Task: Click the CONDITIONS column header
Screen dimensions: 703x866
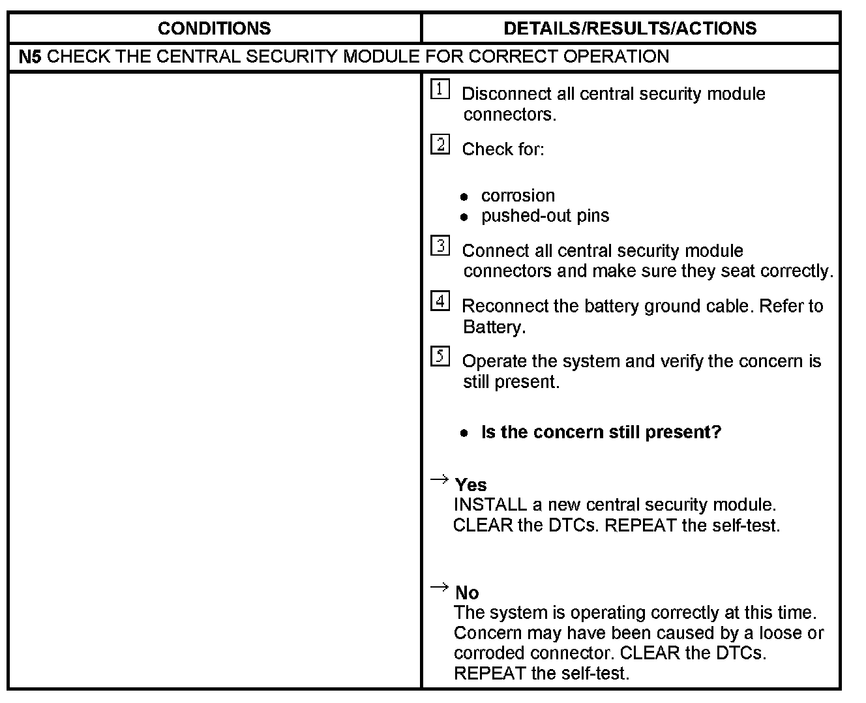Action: (x=214, y=28)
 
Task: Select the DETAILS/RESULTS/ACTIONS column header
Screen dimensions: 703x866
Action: (x=630, y=28)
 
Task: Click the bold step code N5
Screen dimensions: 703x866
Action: (x=30, y=57)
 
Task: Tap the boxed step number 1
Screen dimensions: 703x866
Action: (x=440, y=89)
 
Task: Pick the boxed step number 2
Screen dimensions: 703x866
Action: (x=440, y=144)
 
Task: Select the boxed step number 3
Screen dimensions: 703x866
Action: (x=440, y=246)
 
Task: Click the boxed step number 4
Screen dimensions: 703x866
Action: (x=440, y=301)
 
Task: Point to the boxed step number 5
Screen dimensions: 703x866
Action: (x=440, y=357)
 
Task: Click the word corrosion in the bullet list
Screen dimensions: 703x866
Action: (x=518, y=196)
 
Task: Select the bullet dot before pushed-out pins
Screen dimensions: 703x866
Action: (x=464, y=217)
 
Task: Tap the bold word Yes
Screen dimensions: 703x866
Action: (x=471, y=485)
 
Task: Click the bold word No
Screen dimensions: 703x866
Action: (x=467, y=593)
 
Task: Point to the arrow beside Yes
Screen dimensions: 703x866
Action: (x=440, y=481)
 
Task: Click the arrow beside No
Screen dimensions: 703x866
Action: (x=440, y=588)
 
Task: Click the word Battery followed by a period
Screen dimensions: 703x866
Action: (x=493, y=327)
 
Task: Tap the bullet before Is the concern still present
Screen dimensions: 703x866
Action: (x=464, y=433)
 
